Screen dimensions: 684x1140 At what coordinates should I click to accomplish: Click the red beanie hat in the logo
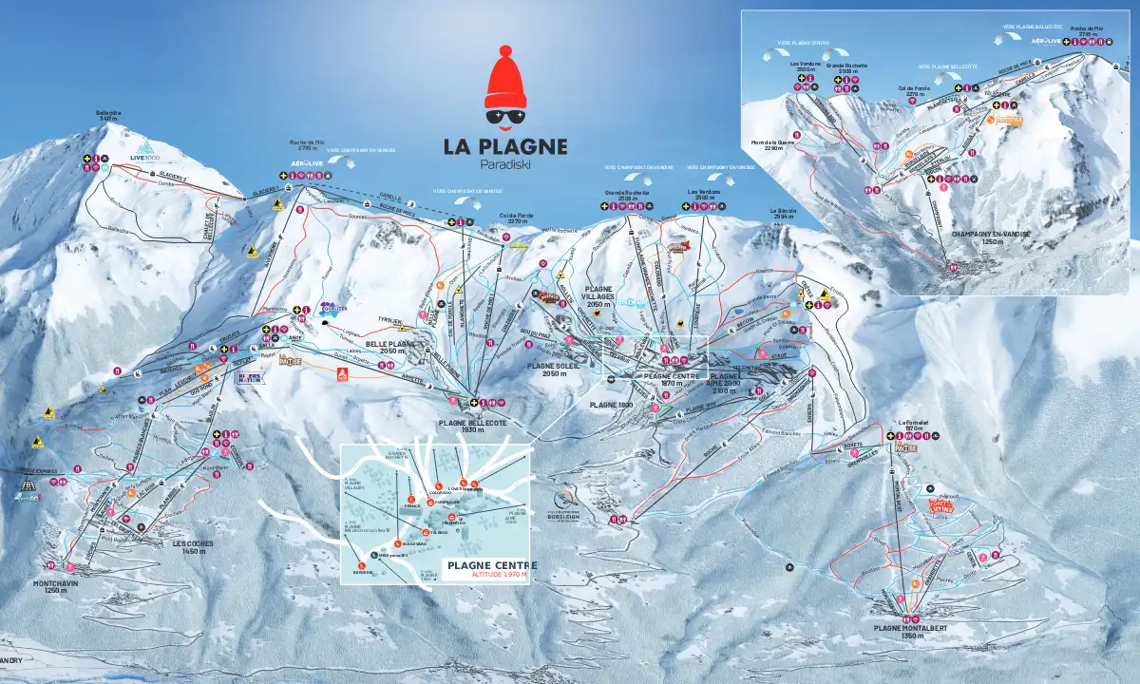pos(504,80)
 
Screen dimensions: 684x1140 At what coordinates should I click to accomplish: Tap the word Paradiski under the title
pos(504,163)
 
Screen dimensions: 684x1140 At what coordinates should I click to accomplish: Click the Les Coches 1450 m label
pos(192,547)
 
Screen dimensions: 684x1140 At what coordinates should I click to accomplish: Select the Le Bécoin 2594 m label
pos(783,214)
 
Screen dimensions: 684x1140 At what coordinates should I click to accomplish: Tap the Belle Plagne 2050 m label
pos(390,348)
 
